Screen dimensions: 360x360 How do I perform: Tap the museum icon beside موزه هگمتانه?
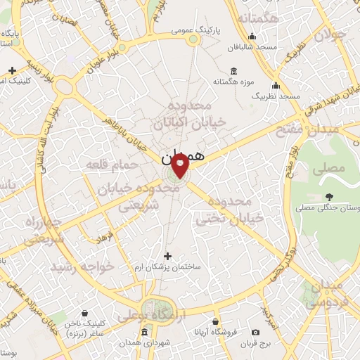click(233, 72)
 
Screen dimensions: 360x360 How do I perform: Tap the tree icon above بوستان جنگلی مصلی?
click(330, 197)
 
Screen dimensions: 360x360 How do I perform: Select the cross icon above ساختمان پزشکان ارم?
click(167, 256)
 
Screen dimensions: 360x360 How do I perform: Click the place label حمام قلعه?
click(105, 164)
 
